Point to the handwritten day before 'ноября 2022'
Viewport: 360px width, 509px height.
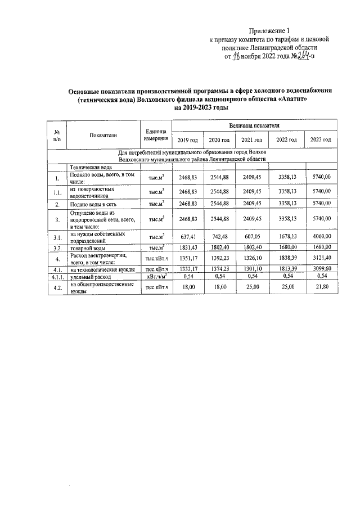pos(236,57)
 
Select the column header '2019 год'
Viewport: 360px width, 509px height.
pos(187,139)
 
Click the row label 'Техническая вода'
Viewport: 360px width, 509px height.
pos(91,168)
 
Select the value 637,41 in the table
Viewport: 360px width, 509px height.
pos(187,237)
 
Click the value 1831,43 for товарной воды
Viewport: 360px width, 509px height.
pos(187,247)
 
